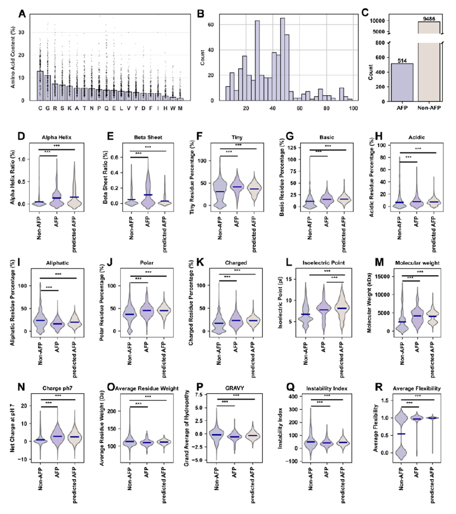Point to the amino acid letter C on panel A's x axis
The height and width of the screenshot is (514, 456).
[x=40, y=108]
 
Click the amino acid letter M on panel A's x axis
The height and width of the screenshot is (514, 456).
[x=180, y=108]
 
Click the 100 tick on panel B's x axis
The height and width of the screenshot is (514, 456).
[x=354, y=108]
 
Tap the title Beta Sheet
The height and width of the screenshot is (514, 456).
[x=148, y=137]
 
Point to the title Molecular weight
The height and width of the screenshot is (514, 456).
[x=417, y=263]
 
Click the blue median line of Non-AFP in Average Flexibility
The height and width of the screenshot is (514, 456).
[x=401, y=434]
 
